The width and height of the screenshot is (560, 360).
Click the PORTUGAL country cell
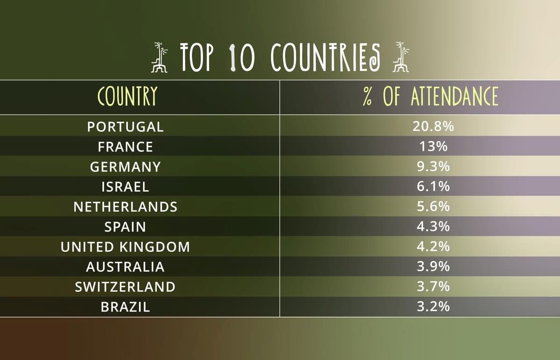coord(125,127)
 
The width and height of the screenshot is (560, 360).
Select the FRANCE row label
coord(125,147)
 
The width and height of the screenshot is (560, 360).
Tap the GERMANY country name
coord(125,167)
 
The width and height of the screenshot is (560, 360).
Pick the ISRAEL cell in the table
coord(125,187)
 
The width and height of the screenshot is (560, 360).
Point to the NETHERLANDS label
coord(125,207)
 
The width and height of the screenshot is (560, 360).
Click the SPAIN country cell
coord(125,227)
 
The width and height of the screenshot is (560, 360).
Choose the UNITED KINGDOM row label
coord(125,247)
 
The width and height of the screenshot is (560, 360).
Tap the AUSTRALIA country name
coord(125,267)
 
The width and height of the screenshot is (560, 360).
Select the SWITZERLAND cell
coord(125,287)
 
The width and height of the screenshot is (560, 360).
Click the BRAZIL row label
coord(125,307)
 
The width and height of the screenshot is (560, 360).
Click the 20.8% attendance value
coord(433,127)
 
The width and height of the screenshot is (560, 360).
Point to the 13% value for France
coord(433,147)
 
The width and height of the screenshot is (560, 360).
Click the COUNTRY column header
coord(127,96)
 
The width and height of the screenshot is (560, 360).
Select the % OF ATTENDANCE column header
coord(430,96)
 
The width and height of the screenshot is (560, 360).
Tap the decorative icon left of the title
coord(159,57)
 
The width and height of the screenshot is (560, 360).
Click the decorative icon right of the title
coord(401,57)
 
